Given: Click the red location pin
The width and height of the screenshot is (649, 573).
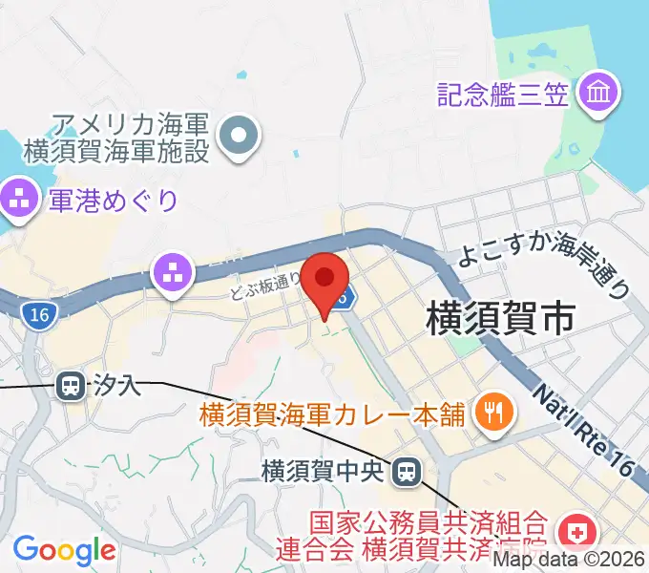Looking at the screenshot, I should [x=325, y=279].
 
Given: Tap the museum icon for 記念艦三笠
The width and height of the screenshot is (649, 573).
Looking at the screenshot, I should [x=603, y=94].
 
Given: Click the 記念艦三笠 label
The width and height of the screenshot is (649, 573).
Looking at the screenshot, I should [x=503, y=94].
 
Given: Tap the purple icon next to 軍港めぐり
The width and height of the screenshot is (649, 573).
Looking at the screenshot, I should [x=19, y=200].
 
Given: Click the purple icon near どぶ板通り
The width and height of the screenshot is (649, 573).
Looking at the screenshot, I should [x=173, y=273].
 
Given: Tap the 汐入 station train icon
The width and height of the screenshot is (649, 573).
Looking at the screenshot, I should [x=70, y=386].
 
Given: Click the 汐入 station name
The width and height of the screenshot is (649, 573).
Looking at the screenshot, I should [x=116, y=386].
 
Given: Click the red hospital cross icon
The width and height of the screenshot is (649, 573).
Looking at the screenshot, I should [x=577, y=528].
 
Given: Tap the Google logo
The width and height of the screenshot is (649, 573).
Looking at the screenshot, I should [x=63, y=549].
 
